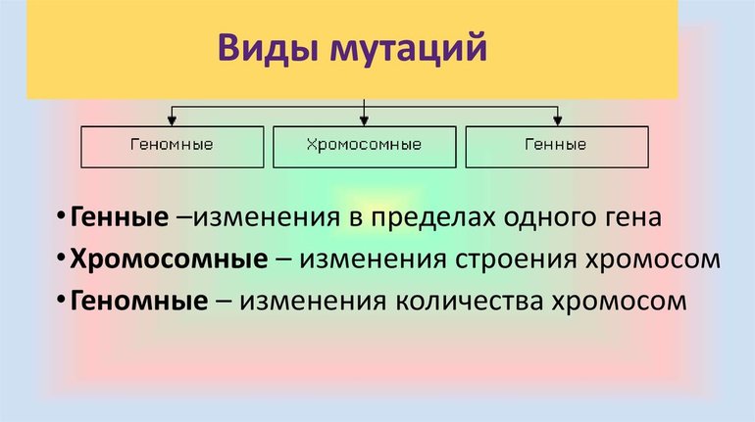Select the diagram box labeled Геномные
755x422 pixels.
172,146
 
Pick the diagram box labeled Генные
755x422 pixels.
555,146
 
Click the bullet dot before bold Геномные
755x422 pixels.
61,301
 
